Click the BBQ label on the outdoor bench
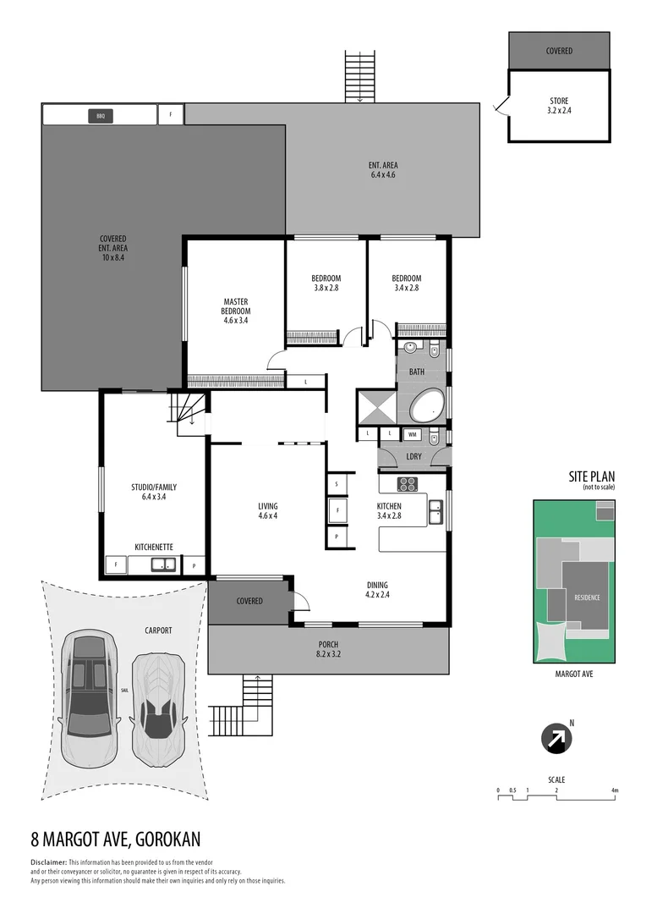pos(100,114)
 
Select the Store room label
pos(559,106)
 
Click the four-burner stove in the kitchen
pos(408,484)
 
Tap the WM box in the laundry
pos(412,434)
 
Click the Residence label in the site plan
pos(587,597)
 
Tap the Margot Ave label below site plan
pos(573,675)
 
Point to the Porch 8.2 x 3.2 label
pos(328,649)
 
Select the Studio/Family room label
pos(153,493)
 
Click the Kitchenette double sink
pos(162,565)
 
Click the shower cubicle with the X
pos(375,405)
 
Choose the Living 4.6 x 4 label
pos(267,511)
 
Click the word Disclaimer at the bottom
pos(47,862)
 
